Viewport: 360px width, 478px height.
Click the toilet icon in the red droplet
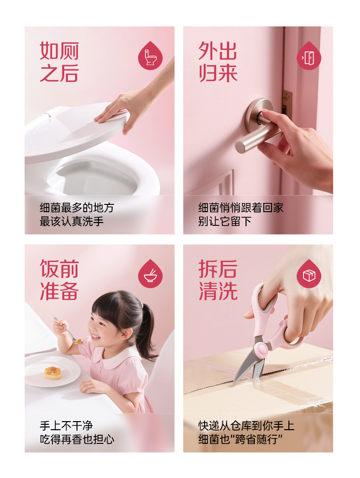coord(150,57)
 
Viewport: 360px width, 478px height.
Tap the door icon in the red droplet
coord(309,58)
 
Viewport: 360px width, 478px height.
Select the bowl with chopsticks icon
coord(150,275)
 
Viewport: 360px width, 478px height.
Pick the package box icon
coord(309,275)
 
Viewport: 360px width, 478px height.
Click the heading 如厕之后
coord(59,62)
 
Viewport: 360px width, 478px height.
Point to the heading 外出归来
coord(218,62)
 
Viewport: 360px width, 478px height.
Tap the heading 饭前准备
coord(59,280)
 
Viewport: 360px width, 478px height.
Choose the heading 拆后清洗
coord(218,280)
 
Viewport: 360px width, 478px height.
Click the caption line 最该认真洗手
coord(72,221)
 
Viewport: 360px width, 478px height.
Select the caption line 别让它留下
coord(225,221)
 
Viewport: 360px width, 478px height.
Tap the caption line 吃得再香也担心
coord(77,439)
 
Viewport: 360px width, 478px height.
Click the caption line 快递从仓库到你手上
coord(246,426)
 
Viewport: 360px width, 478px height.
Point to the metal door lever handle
coord(256,128)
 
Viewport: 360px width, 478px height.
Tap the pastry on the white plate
coord(53,372)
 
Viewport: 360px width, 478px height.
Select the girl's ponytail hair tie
coord(142,305)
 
